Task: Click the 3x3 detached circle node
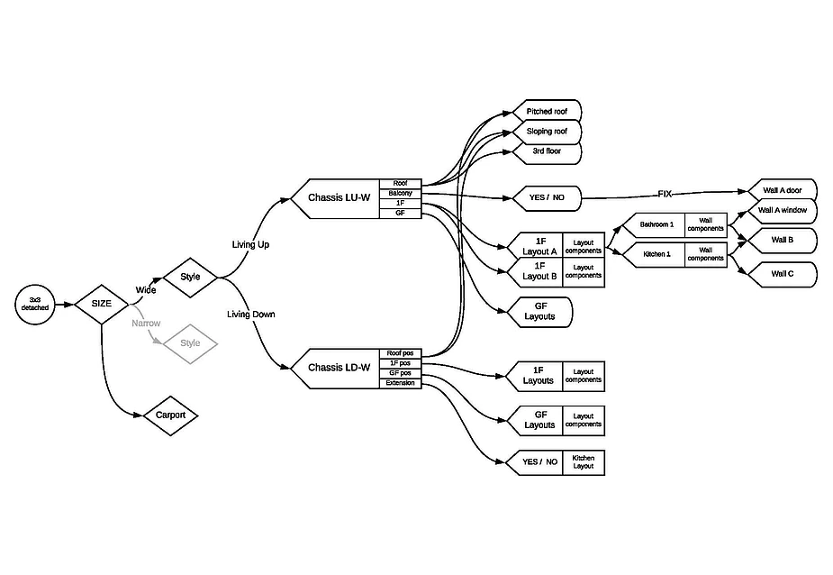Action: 35,304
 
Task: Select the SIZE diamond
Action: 102,304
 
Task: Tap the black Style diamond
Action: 190,276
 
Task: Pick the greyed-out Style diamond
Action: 190,343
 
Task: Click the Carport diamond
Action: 170,415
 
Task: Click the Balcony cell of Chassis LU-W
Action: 400,194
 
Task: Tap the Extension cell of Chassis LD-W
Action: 400,383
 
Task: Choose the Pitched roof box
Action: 547,112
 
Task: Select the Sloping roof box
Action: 547,132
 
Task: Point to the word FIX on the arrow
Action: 665,194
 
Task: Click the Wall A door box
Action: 781,190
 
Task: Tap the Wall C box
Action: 783,274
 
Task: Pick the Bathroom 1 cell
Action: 656,224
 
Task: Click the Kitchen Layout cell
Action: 584,462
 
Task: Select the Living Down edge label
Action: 251,315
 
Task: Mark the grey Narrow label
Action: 146,323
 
